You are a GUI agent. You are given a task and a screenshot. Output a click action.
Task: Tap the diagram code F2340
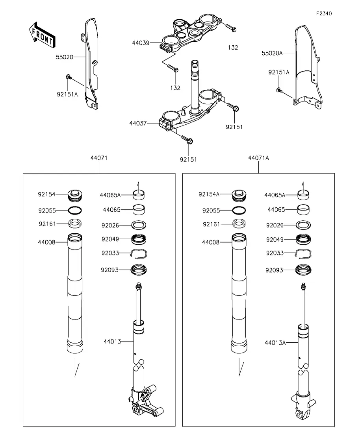coord(324,13)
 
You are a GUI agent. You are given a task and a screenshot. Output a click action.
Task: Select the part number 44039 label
coord(141,43)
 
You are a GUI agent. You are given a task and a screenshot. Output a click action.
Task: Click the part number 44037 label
coord(138,123)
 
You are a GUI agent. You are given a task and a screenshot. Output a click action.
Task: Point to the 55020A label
coord(272,53)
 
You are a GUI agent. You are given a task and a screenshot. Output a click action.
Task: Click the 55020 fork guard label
coord(65,57)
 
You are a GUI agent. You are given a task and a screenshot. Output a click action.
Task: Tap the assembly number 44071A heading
coord(258,158)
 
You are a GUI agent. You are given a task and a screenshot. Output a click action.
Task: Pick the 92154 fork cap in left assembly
coord(75,195)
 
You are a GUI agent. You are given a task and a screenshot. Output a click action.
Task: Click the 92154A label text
coord(209,194)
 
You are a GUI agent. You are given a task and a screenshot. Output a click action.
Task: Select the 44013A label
coord(275,343)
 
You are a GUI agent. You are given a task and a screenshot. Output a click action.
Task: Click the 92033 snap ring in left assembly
coord(139,254)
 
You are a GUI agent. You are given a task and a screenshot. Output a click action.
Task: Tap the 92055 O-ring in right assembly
coord(239,211)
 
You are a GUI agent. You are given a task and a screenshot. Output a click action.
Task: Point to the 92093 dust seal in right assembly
coord(303,270)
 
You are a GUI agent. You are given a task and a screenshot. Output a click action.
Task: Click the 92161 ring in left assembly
coord(75,223)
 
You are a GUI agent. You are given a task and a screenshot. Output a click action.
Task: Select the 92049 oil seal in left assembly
coord(139,239)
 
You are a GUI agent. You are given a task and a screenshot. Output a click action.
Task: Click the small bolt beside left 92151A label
coord(68,77)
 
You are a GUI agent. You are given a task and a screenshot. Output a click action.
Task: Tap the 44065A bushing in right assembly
coord(303,195)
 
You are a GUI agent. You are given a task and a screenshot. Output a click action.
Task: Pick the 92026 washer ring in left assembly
coord(139,225)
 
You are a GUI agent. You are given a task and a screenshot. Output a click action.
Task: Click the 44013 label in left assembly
coord(112,342)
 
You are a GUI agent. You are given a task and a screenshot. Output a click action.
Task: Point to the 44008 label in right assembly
coord(211,242)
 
